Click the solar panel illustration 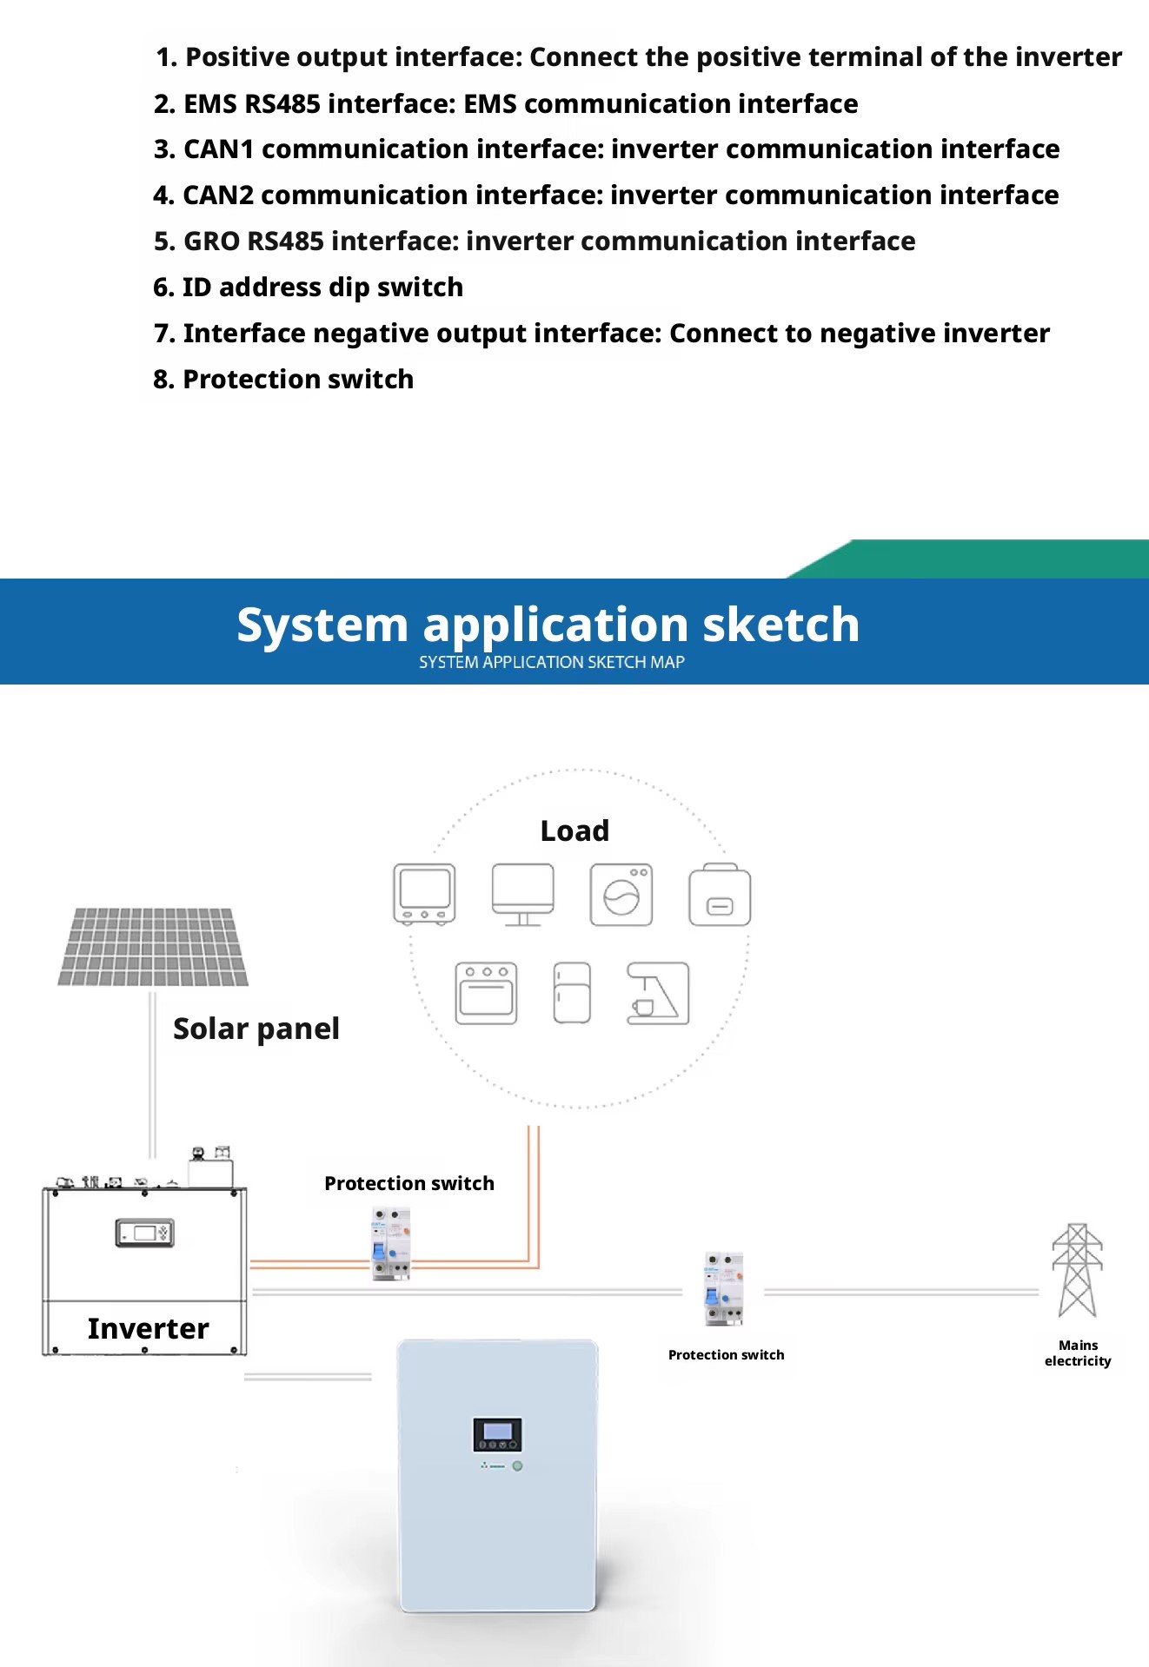tap(153, 947)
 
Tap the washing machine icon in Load tap(621, 895)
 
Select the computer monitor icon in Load tap(522, 895)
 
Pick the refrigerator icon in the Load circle tap(572, 993)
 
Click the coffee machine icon tap(658, 993)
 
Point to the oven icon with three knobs tap(486, 993)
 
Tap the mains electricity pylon tap(1077, 1270)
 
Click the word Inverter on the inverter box tap(149, 1328)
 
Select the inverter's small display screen tap(144, 1233)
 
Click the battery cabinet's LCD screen tap(497, 1434)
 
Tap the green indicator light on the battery tap(517, 1465)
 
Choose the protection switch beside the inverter tap(391, 1243)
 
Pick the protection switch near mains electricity tap(724, 1288)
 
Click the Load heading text tap(574, 830)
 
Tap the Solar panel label tap(256, 1029)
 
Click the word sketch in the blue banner tap(780, 625)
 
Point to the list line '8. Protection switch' tap(283, 380)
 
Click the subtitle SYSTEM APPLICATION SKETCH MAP tap(552, 662)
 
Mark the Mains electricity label tap(1078, 1353)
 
